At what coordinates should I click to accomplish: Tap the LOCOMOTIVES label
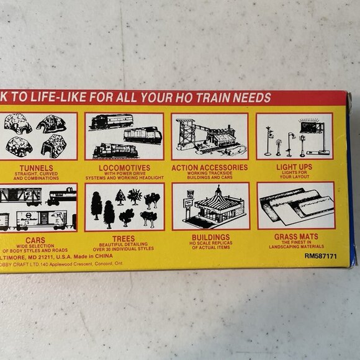[x=124, y=167]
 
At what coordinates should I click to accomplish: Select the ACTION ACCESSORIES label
[x=210, y=167]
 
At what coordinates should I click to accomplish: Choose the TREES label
[x=124, y=238]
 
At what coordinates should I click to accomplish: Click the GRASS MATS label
[x=295, y=236]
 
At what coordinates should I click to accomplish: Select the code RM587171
[x=321, y=254]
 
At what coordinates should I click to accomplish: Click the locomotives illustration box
[x=124, y=137]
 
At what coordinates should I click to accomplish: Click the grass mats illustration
[x=295, y=205]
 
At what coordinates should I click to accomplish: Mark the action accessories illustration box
[x=210, y=137]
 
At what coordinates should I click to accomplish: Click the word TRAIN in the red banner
[x=220, y=97]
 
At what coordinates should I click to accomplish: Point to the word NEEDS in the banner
[x=255, y=97]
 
